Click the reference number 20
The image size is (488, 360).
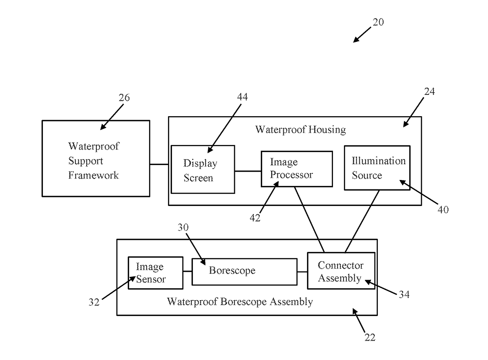(x=378, y=22)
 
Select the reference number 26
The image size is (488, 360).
(x=124, y=97)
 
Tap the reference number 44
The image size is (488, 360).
(x=242, y=96)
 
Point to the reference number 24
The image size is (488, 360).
(x=429, y=91)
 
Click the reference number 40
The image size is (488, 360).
(x=443, y=210)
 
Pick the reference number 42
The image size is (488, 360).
(x=255, y=217)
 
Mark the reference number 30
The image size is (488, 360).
(x=183, y=227)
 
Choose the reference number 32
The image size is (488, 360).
(x=94, y=302)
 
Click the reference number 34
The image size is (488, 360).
(x=404, y=294)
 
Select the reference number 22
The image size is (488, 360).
(x=370, y=337)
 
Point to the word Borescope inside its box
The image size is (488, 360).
(x=232, y=270)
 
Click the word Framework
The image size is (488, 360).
(x=93, y=175)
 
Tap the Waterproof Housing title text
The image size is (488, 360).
(x=300, y=130)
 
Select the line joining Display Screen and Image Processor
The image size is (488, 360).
(x=248, y=171)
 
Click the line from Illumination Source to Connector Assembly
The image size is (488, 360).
(x=362, y=221)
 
